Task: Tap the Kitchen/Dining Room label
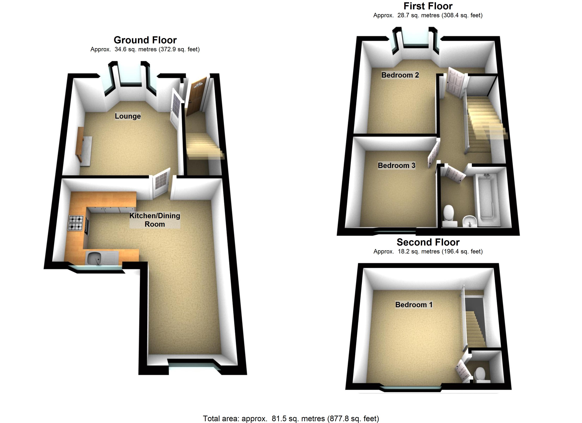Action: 154,220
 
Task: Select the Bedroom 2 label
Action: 400,75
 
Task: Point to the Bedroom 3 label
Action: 396,165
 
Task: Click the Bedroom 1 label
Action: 414,305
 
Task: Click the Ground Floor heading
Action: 145,40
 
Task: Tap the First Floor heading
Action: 428,6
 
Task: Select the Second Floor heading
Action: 428,242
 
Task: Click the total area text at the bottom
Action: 291,418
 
